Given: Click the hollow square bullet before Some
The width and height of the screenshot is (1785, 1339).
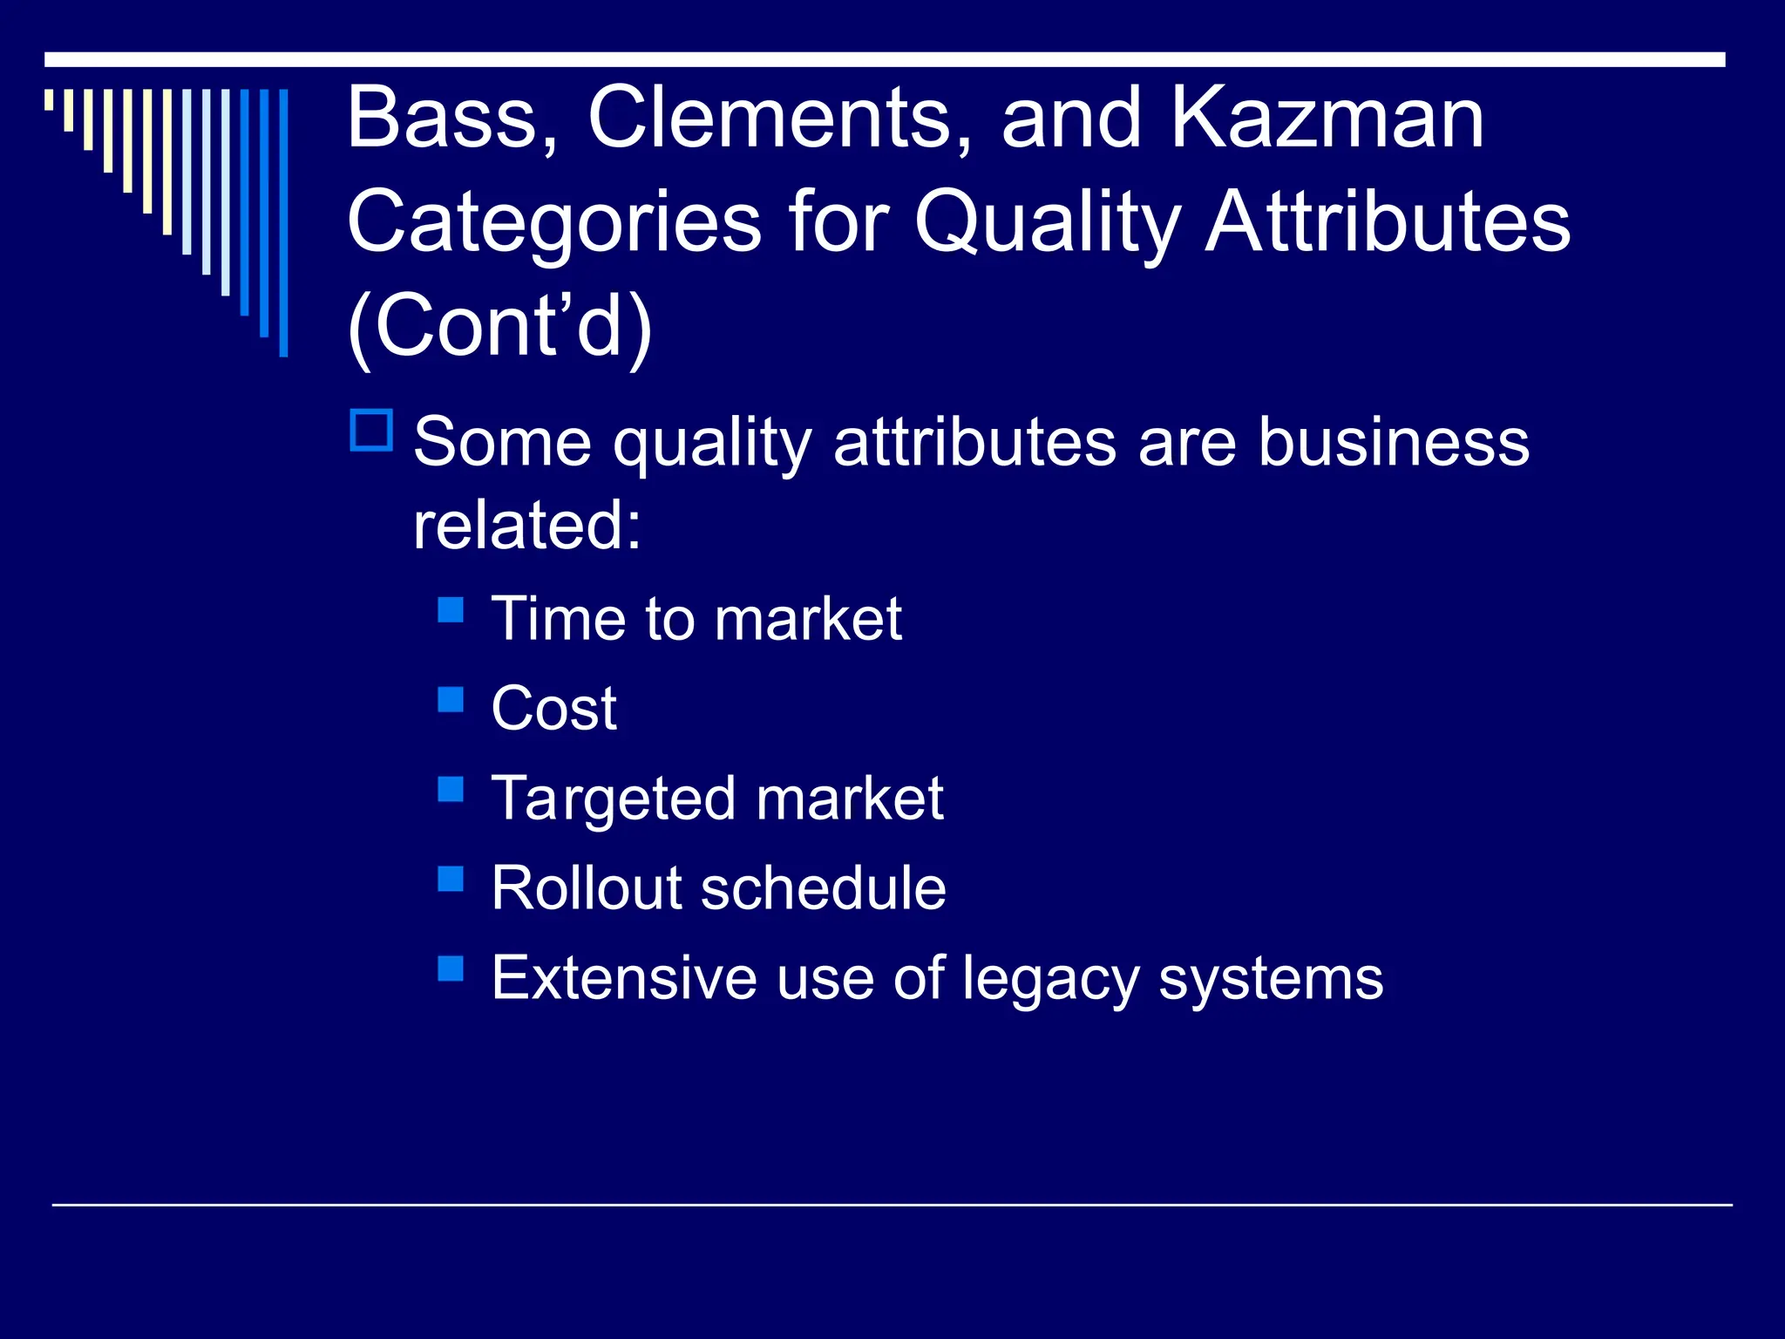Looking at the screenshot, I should coord(372,431).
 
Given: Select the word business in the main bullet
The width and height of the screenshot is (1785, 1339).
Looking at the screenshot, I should coord(1393,442).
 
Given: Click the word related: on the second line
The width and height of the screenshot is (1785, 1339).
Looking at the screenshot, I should coord(527,525).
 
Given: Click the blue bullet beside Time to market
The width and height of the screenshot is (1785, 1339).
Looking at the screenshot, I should coord(451,609).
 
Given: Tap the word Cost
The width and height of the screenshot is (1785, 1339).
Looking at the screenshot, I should coord(553,708).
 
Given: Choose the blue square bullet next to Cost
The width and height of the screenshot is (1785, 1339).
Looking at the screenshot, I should coord(451,699).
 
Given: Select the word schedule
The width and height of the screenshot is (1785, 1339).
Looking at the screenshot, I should coord(823,888).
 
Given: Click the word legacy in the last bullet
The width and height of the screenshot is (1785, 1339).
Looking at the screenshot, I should coord(1050,979).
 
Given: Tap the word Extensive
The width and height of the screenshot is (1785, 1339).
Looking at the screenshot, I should coord(623,978).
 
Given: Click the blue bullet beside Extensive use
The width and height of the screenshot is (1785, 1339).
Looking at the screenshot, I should coord(451,969).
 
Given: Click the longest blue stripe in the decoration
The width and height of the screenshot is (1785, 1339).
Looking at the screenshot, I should coord(283,222).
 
